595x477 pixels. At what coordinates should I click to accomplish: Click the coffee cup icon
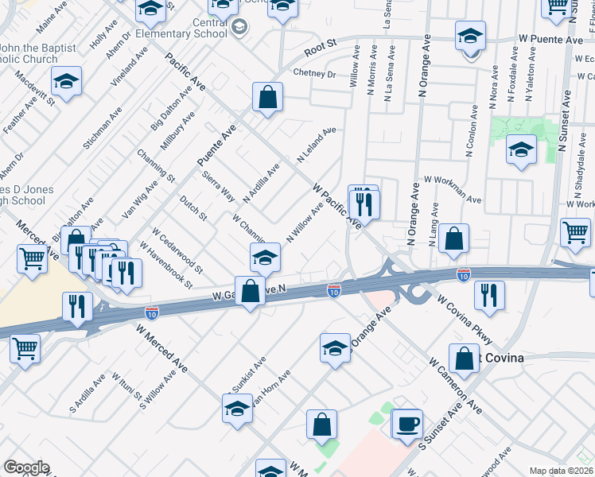click(406, 423)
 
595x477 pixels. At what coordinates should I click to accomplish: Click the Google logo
click(26, 467)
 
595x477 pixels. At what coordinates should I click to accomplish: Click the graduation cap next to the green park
click(520, 151)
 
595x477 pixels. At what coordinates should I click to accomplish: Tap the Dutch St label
click(193, 208)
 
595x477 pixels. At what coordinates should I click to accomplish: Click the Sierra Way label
click(217, 186)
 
